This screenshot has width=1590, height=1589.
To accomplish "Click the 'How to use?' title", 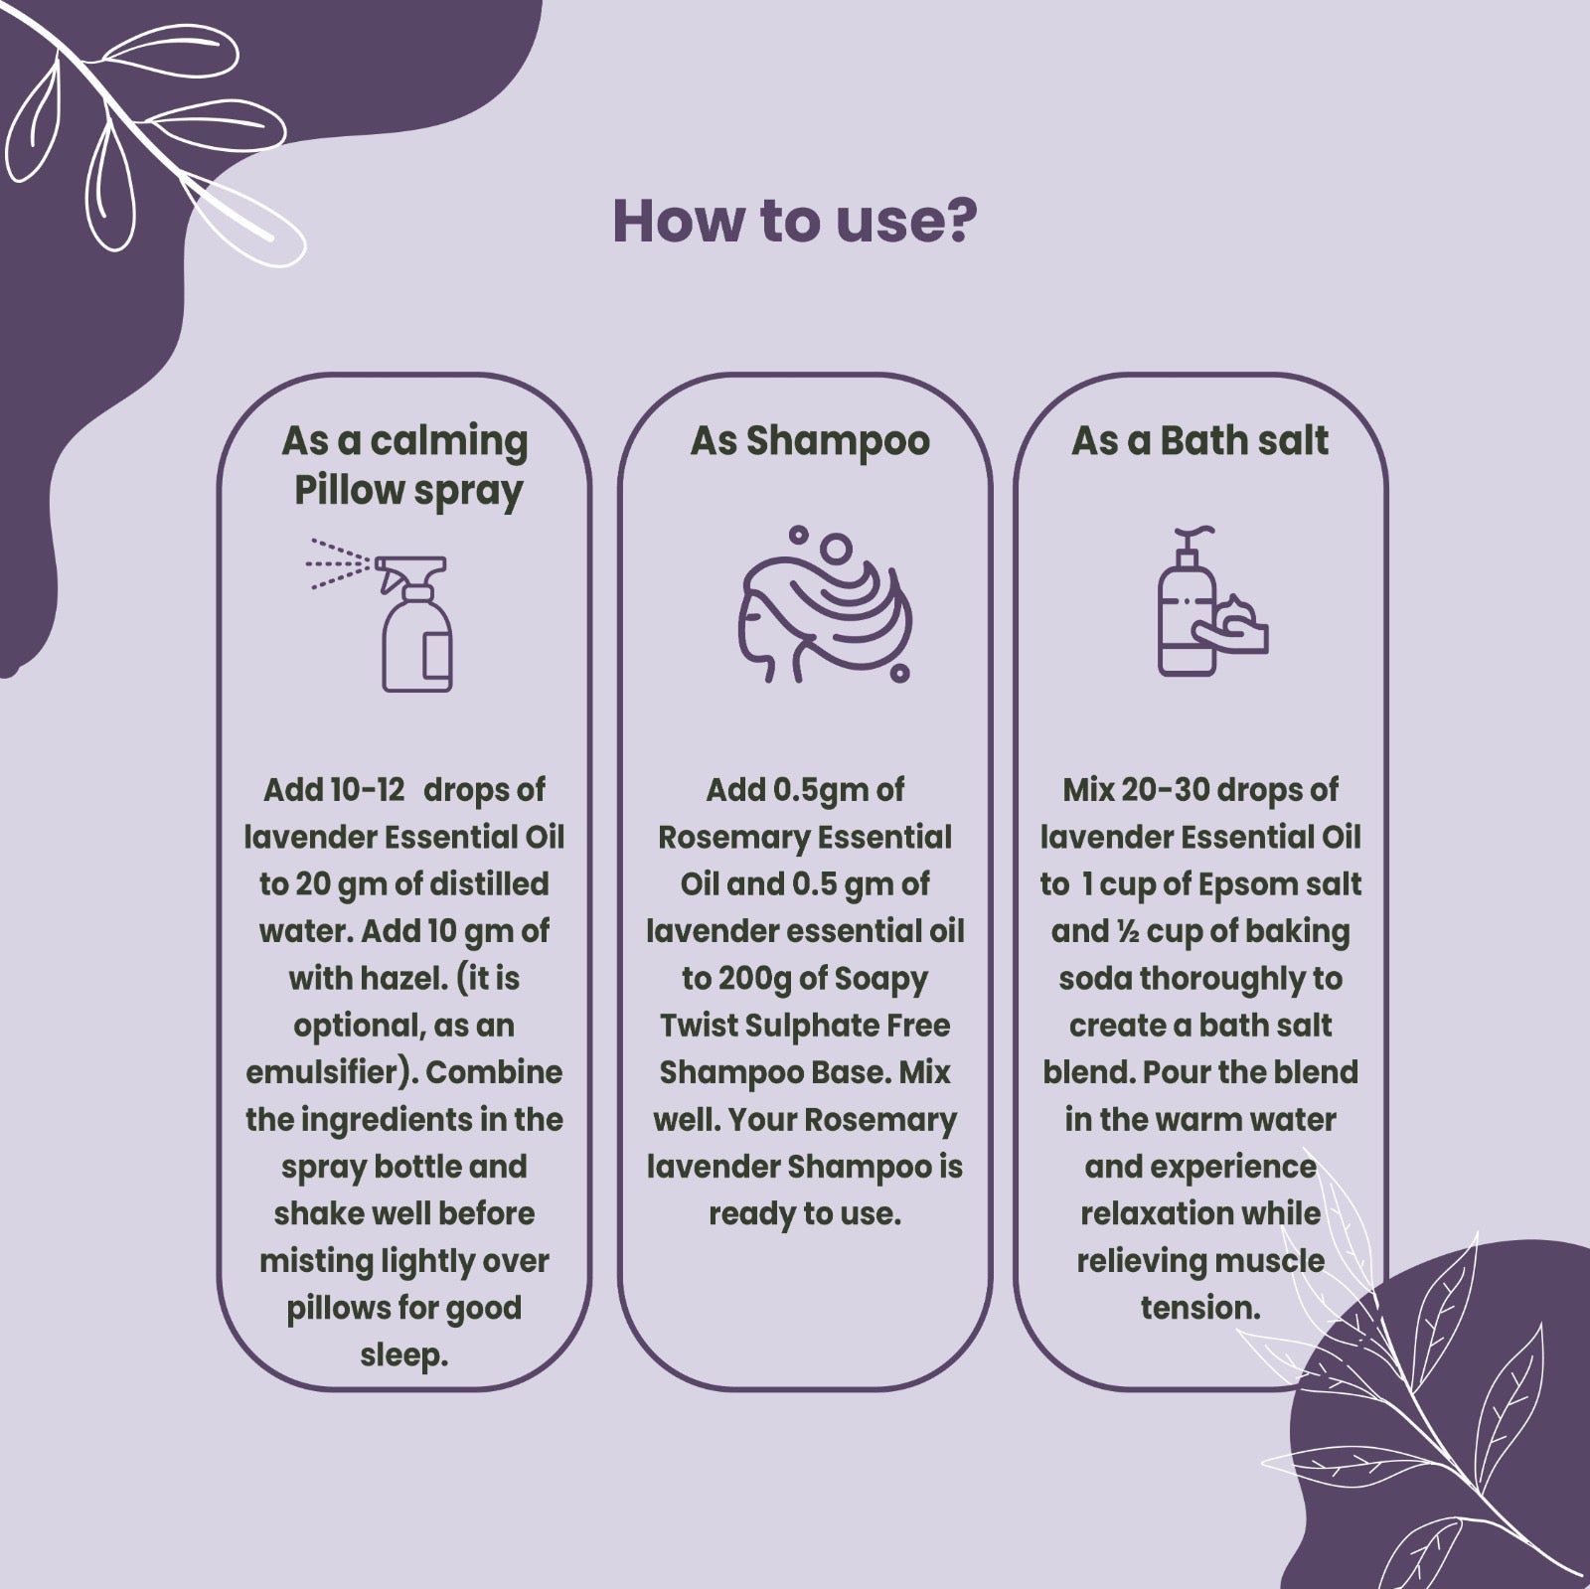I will [795, 221].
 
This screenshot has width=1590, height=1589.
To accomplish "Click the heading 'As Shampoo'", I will [810, 440].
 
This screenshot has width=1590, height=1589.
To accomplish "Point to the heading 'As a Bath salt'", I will [1199, 440].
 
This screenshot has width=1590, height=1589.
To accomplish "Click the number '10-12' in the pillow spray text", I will [368, 790].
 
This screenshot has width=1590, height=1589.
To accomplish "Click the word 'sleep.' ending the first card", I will [404, 1355].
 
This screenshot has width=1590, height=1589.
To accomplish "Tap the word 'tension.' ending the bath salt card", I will [1200, 1308].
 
